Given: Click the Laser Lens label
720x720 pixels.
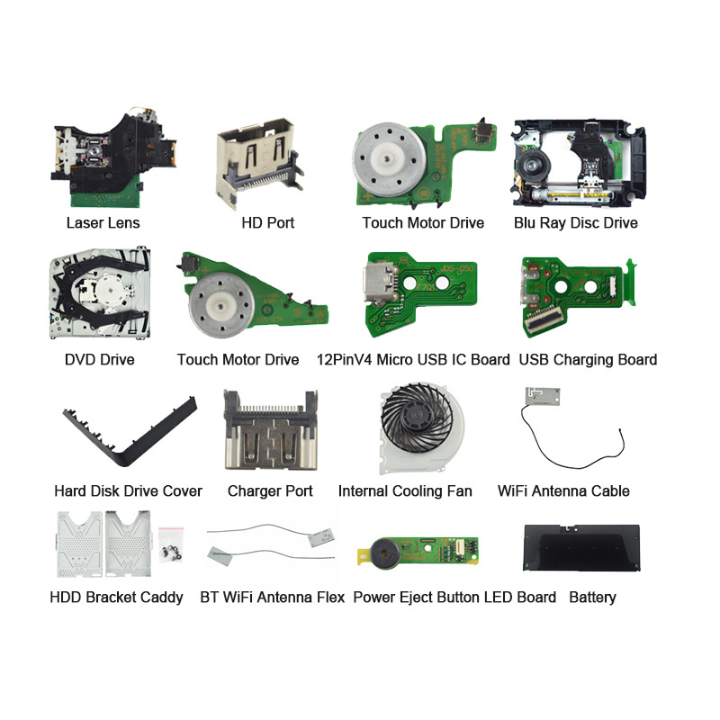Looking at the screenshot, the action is point(103,222).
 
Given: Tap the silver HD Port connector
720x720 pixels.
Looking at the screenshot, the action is point(259,161).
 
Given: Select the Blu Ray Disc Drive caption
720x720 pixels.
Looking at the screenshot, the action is point(576,223).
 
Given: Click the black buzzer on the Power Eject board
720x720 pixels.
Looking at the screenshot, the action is point(386,553).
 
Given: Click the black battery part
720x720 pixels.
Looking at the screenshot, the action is point(581,547).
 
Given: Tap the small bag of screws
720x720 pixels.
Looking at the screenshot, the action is point(171,545).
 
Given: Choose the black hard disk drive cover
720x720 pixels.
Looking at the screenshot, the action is point(129,433).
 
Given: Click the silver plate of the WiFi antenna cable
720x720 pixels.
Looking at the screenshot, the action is point(543,396).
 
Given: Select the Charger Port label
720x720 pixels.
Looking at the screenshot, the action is point(270,490).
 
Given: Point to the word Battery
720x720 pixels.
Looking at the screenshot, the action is point(592,598).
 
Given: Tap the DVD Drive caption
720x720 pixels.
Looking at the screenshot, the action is point(100,359).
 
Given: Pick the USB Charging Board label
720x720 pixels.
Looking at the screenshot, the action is point(588,359).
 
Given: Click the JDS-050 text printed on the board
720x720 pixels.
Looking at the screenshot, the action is point(456,268).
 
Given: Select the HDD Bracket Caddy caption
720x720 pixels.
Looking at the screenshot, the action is point(116,598).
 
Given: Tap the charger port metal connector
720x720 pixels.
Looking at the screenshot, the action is point(271,430).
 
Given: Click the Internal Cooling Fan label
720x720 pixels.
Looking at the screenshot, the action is point(405,490).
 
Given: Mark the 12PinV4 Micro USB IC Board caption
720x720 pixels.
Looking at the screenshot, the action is point(413,359).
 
